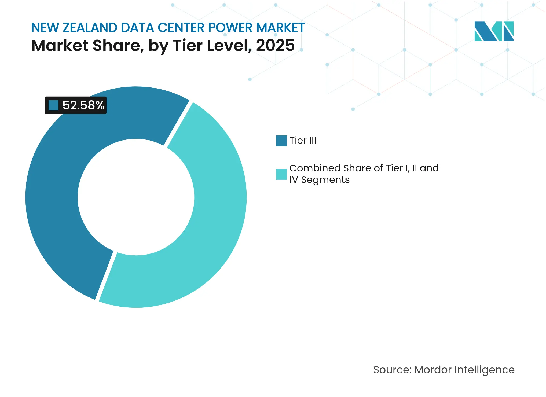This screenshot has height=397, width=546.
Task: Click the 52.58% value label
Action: pyautogui.click(x=83, y=105)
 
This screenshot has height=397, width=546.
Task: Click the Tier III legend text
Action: pyautogui.click(x=303, y=141)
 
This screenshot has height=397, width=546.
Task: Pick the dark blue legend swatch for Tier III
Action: pyautogui.click(x=281, y=141)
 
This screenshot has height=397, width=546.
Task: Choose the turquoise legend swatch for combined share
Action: pyautogui.click(x=281, y=174)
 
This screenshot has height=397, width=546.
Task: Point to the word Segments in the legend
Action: pyautogui.click(x=325, y=180)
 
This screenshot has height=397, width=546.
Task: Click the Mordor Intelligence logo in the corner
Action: pyautogui.click(x=494, y=31)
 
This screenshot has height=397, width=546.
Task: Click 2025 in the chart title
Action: pyautogui.click(x=275, y=45)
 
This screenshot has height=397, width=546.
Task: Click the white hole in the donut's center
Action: pyautogui.click(x=136, y=197)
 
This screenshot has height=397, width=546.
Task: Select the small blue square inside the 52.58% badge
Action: pyautogui.click(x=53, y=105)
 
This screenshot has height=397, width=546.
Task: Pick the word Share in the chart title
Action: pyautogui.click(x=117, y=45)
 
